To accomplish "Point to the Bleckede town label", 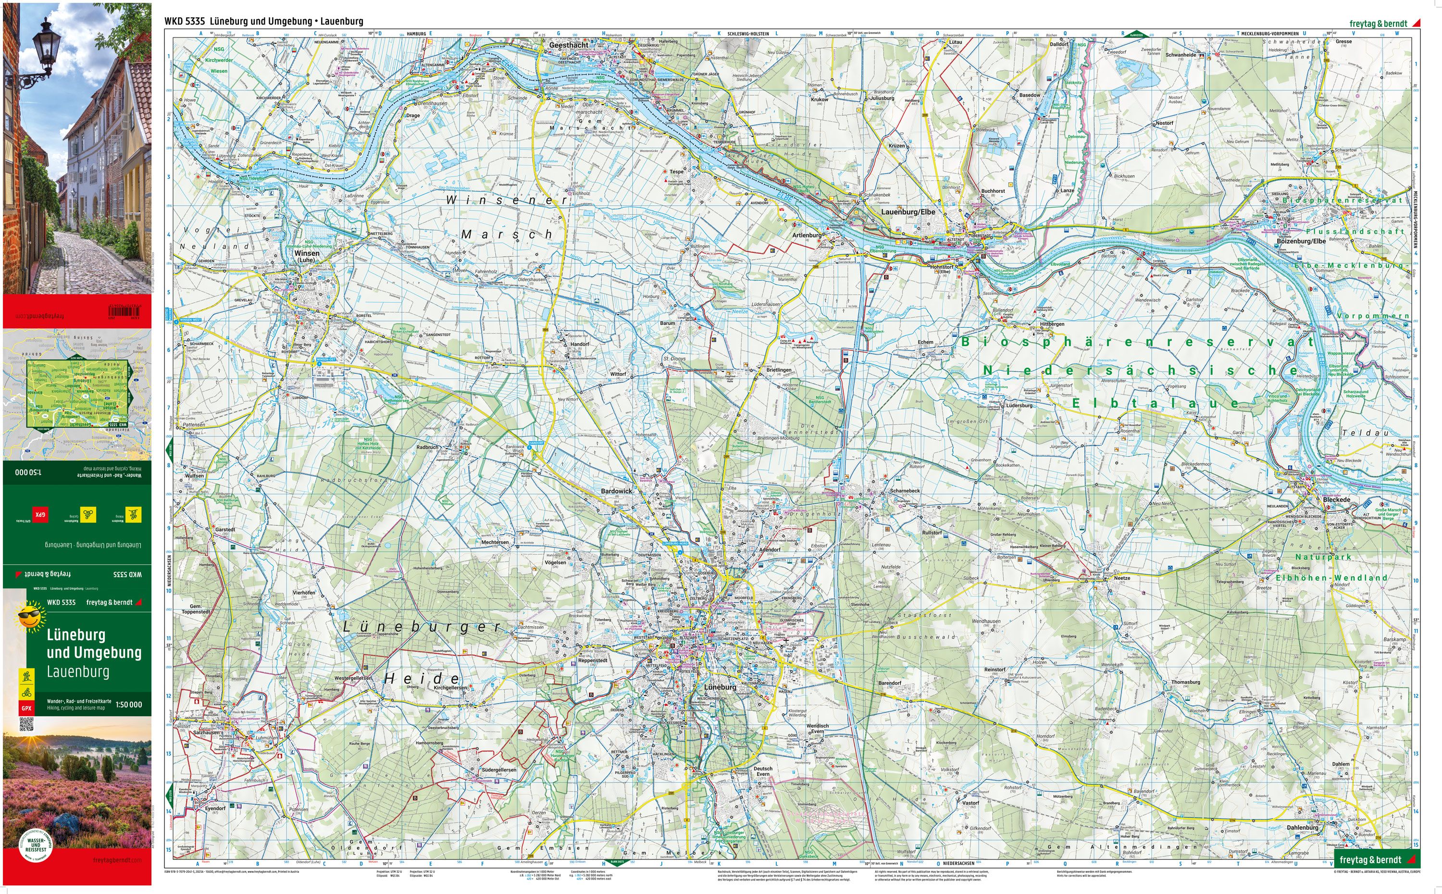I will click(1332, 499).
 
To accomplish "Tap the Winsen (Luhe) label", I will click(307, 256).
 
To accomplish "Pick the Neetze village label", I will click(1121, 578).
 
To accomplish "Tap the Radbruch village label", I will click(427, 447).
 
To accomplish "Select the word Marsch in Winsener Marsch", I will click(506, 235).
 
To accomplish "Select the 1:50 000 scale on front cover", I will click(128, 704).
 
